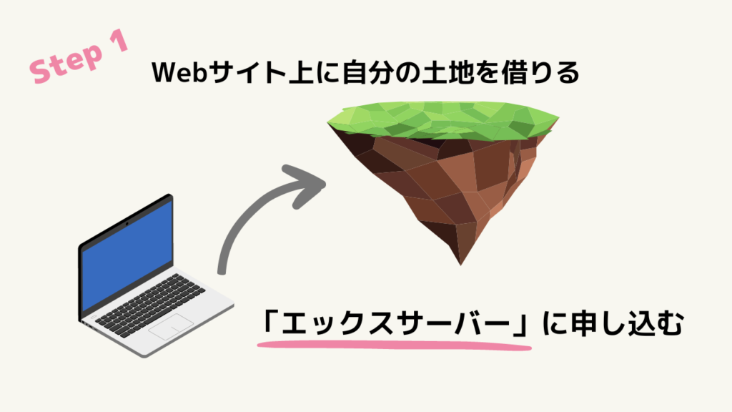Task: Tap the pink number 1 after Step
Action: [x=119, y=41]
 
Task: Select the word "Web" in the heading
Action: [x=179, y=73]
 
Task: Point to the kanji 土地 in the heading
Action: [x=442, y=73]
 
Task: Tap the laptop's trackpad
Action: [x=171, y=326]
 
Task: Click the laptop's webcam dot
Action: [x=127, y=224]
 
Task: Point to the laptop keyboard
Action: [x=150, y=305]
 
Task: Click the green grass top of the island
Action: [x=442, y=119]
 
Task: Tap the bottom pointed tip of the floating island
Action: [x=461, y=265]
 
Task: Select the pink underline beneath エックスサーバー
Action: [x=395, y=345]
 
